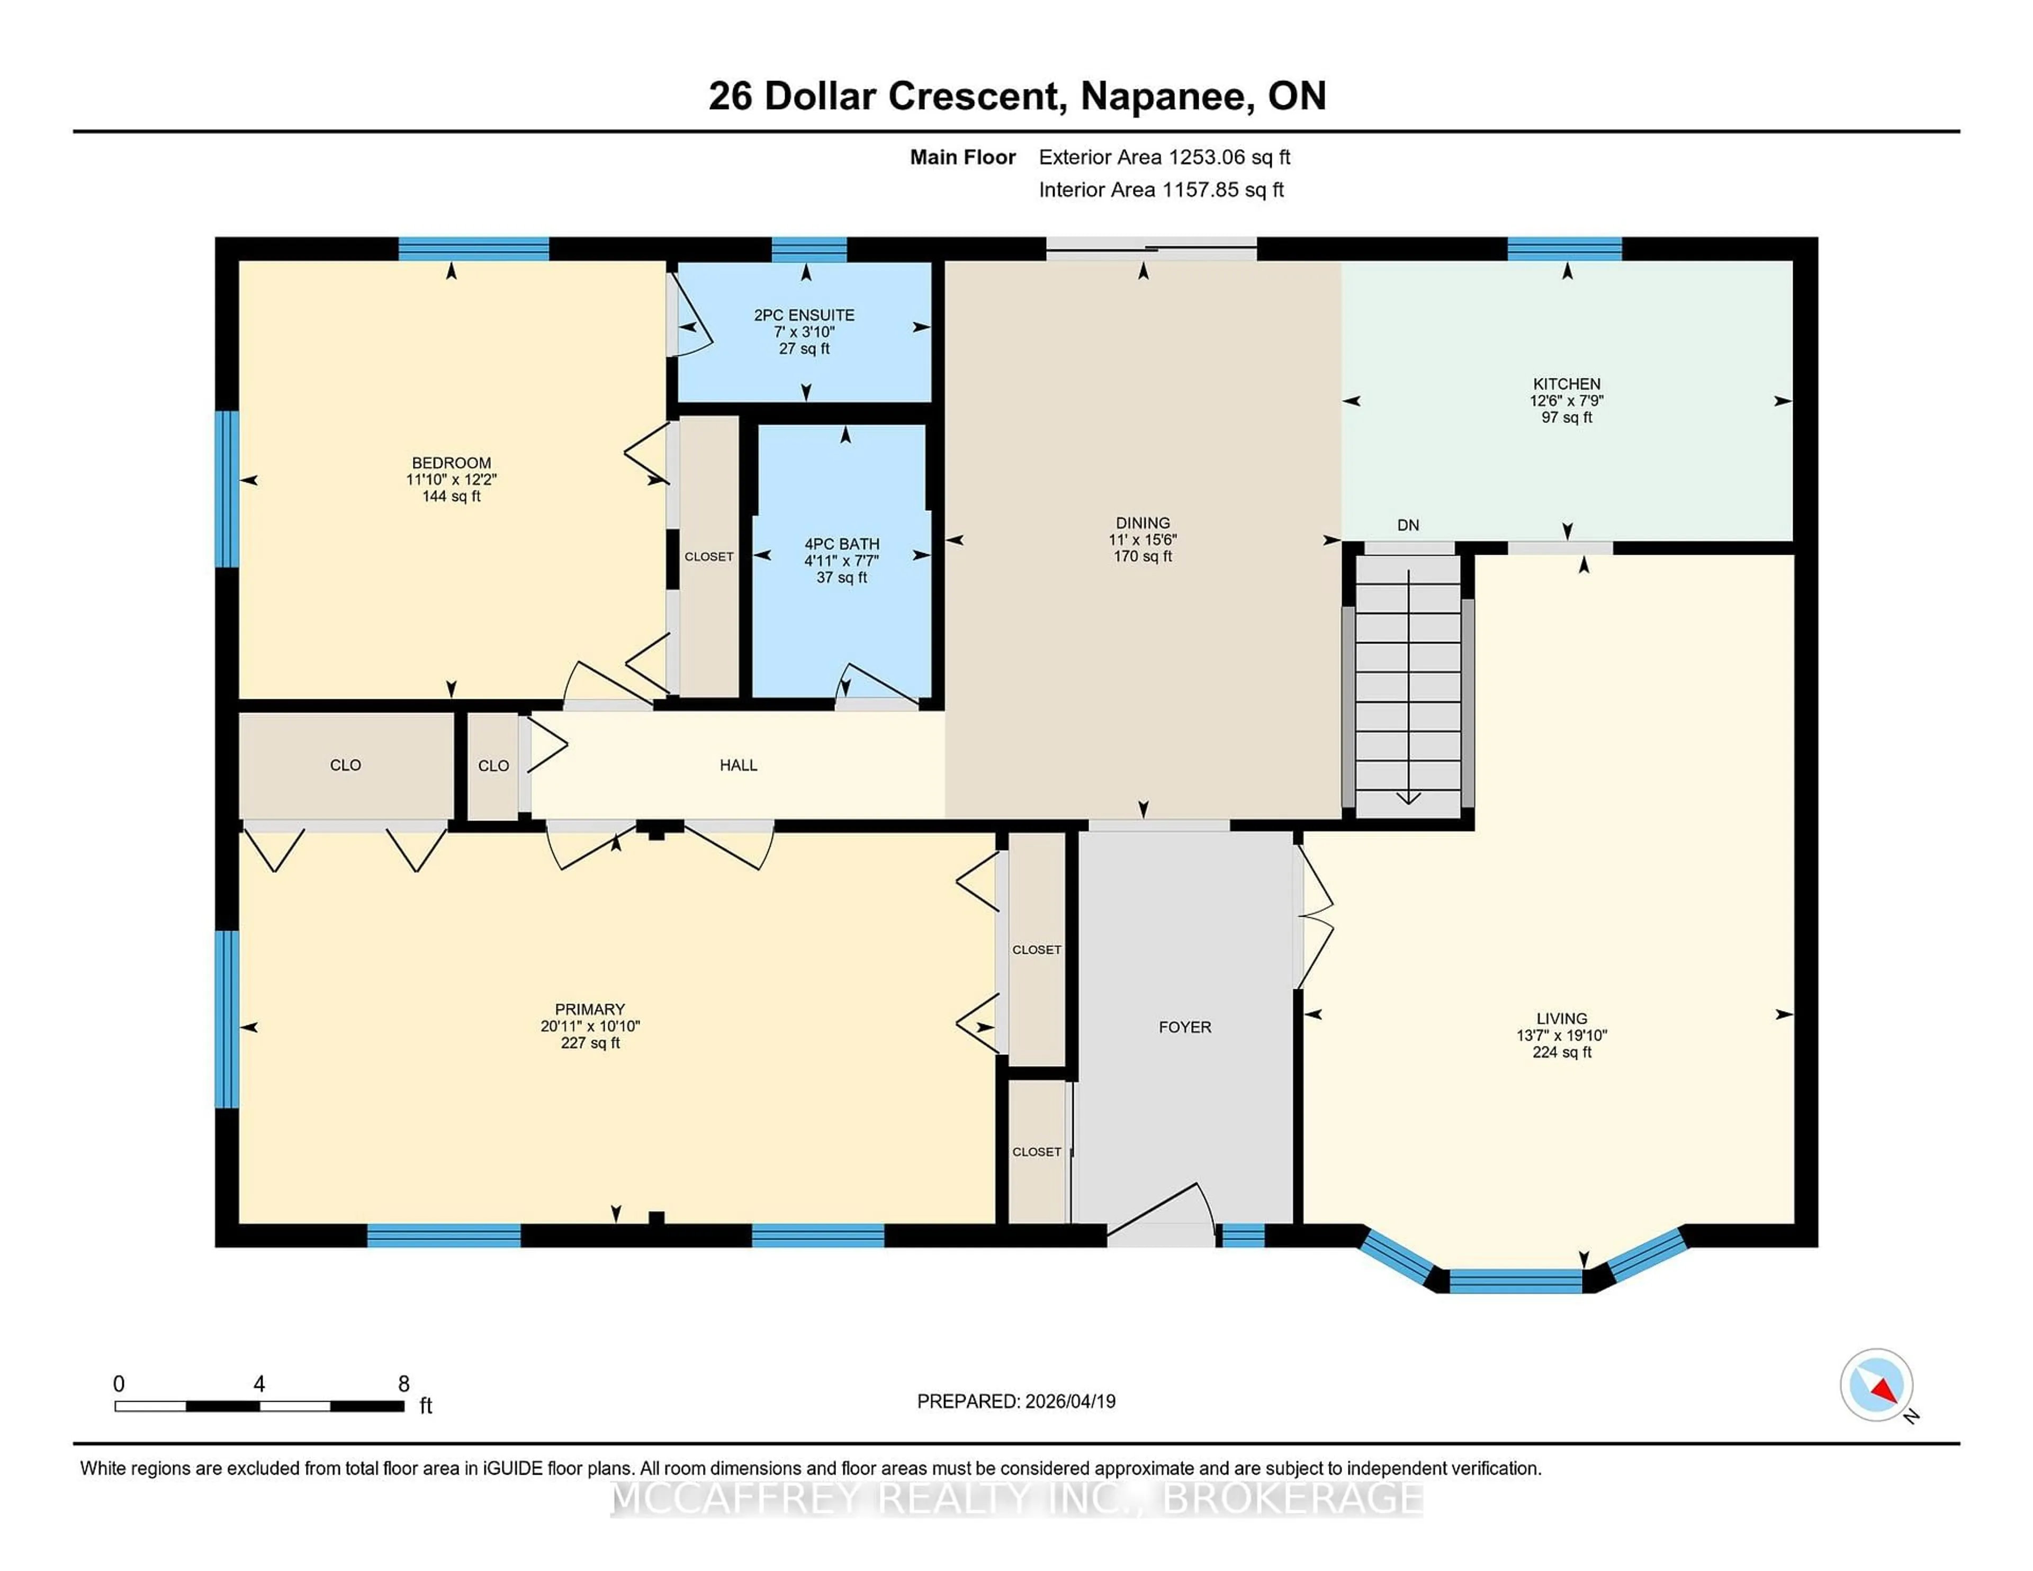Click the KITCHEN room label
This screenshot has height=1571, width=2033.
(x=1567, y=383)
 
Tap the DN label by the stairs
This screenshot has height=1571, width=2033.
(x=1407, y=525)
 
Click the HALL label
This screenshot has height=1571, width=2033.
(x=738, y=765)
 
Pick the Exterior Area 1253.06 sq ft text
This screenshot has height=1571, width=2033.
(x=1164, y=157)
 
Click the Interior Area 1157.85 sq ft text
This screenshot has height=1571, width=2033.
(x=1161, y=190)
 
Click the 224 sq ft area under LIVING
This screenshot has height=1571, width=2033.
(x=1561, y=1053)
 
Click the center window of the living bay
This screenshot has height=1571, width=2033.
(x=1515, y=1281)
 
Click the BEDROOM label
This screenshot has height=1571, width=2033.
(x=452, y=463)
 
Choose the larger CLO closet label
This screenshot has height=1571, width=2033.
(x=345, y=765)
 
